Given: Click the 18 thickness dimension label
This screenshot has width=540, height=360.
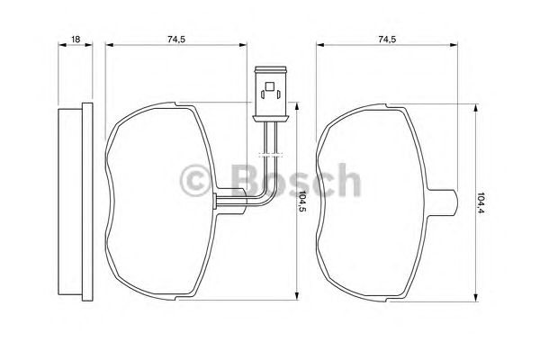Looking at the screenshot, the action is [x=76, y=40].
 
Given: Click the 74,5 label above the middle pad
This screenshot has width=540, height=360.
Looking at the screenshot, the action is [x=176, y=40].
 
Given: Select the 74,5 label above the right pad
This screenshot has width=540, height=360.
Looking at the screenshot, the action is [x=387, y=40].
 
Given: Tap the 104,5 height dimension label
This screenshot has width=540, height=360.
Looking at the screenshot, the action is [x=302, y=202].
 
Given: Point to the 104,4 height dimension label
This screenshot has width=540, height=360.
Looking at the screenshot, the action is [x=481, y=202].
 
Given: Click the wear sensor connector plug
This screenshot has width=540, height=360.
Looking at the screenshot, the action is [x=270, y=94].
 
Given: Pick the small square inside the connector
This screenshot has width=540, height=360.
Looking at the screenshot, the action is [x=270, y=85].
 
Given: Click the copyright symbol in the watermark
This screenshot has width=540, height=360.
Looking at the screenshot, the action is [x=196, y=180].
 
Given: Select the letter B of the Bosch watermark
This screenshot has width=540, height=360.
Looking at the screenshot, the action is [x=247, y=180].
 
